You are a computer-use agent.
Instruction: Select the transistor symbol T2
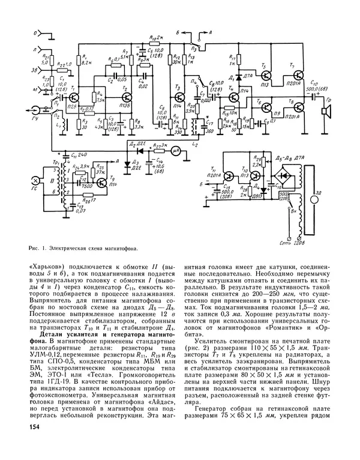[127, 96]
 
